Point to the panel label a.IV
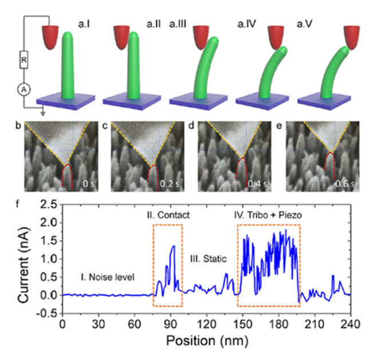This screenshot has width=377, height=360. (249, 24)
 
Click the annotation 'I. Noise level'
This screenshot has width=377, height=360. (107, 277)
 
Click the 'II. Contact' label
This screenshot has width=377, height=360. (168, 217)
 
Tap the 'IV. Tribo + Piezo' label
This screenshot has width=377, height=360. (269, 217)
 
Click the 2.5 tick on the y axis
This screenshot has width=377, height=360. (49, 204)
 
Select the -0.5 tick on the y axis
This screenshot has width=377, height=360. (47, 314)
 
